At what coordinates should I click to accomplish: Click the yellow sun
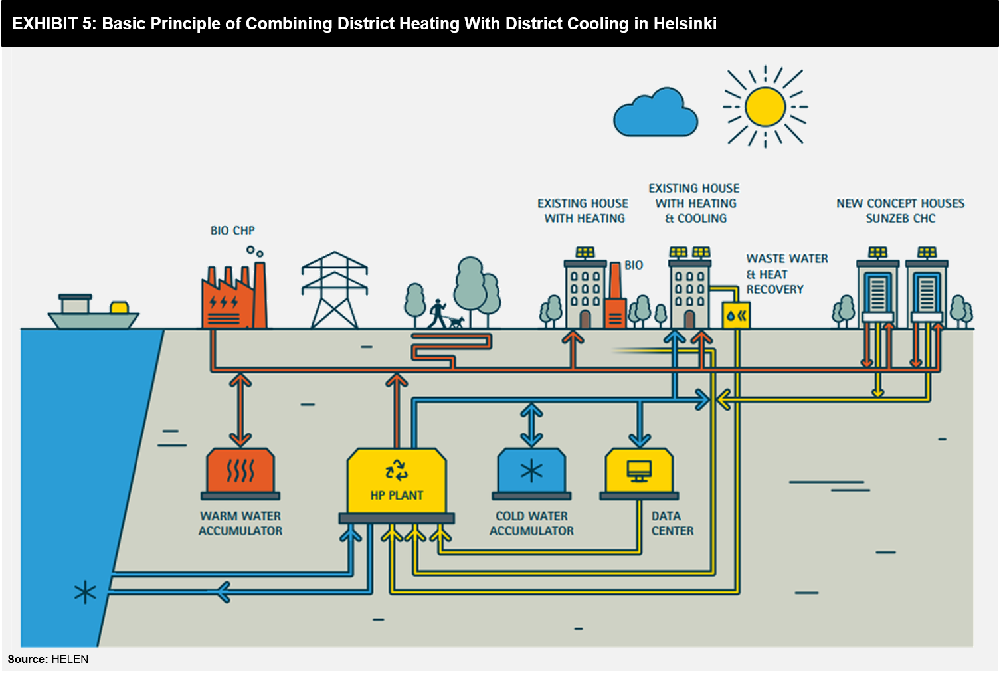pos(765,106)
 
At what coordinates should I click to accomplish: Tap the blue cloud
pos(656,112)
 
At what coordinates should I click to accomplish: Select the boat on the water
pos(93,312)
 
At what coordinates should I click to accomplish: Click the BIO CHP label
pos(232,230)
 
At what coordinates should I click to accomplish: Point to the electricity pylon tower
pos(335,290)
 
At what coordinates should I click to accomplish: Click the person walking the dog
pos(438,314)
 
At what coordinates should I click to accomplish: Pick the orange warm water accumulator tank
pos(240,474)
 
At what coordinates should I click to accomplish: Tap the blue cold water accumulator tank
pos(531,474)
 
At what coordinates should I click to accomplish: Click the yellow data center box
pos(639,474)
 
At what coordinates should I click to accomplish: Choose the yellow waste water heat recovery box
pos(736,316)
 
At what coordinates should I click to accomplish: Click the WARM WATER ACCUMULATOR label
pos(240,523)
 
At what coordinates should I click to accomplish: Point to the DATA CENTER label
pos(673,523)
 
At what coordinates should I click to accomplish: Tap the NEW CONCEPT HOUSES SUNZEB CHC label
pos(901,211)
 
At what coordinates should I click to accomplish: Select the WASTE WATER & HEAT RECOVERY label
pos(787,274)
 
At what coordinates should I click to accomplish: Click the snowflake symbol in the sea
pos(85,593)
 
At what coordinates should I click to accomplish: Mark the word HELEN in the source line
pos(70,659)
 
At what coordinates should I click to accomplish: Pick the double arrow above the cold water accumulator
pos(531,425)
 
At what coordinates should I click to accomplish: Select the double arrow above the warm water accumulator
pos(240,411)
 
